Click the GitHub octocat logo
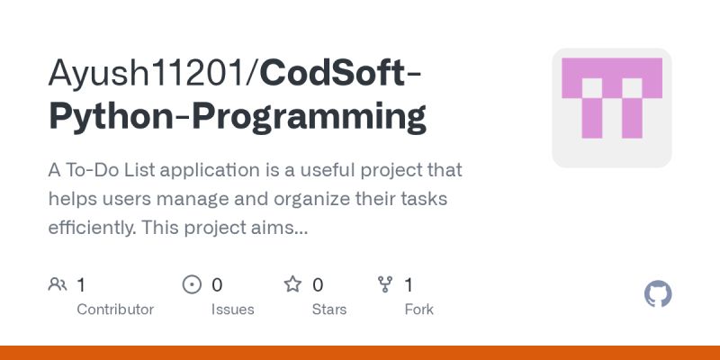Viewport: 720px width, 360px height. click(659, 294)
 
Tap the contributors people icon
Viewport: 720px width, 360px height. click(58, 285)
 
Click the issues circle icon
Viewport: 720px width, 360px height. click(192, 285)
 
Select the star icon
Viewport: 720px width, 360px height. click(292, 285)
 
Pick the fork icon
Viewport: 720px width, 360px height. click(385, 285)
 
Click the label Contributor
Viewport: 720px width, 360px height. click(115, 310)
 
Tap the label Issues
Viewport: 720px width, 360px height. click(232, 310)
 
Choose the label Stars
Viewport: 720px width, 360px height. click(328, 310)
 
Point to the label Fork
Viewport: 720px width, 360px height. click(418, 310)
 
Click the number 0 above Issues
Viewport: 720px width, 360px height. click(217, 285)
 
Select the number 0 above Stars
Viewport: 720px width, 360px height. click(318, 285)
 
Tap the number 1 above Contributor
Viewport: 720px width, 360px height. click(81, 285)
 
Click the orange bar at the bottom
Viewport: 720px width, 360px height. click(360, 353)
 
